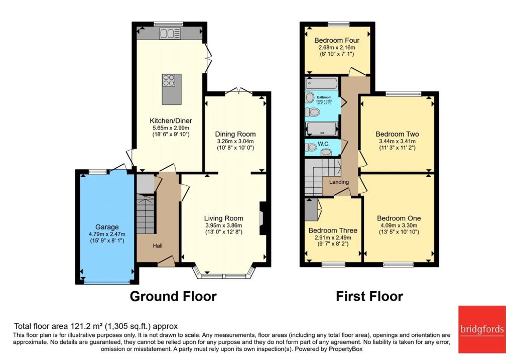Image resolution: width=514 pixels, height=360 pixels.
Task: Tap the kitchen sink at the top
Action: (166, 34)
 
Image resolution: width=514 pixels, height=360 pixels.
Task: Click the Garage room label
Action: (105, 226)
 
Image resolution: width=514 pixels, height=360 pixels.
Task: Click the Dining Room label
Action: (235, 134)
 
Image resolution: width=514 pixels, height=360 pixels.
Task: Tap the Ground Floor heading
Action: (173, 296)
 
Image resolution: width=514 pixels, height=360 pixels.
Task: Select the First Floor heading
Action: (369, 296)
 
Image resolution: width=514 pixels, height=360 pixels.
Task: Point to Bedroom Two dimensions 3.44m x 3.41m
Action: (398, 142)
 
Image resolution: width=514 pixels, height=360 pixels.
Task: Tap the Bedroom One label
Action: (399, 218)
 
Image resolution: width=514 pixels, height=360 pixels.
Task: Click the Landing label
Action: (339, 182)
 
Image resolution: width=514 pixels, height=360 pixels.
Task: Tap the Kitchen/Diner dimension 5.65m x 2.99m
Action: (171, 129)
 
